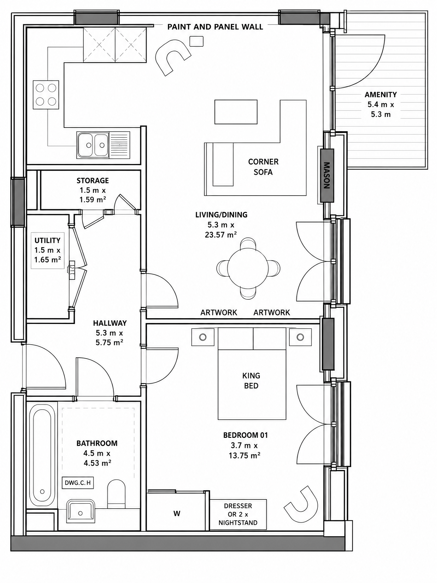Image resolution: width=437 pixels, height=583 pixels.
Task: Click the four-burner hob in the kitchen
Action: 46,95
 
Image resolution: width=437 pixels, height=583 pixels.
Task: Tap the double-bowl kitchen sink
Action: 93,145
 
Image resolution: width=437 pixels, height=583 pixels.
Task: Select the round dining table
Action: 248,268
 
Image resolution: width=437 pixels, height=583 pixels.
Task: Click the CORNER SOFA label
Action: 263,167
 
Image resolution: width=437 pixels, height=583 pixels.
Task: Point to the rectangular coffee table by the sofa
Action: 236,112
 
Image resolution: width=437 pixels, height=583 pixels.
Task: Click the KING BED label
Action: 251,380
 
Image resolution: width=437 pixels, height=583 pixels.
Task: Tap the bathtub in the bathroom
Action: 42,455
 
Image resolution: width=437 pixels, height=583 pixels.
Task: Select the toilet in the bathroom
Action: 117,493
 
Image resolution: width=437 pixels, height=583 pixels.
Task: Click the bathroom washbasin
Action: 80,511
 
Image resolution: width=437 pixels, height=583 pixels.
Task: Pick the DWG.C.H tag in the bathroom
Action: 78,483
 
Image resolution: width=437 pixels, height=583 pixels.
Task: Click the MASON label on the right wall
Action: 327,176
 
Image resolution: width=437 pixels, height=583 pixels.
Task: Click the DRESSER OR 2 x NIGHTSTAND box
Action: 238,514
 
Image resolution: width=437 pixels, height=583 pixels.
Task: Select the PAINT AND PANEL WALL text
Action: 215,27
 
